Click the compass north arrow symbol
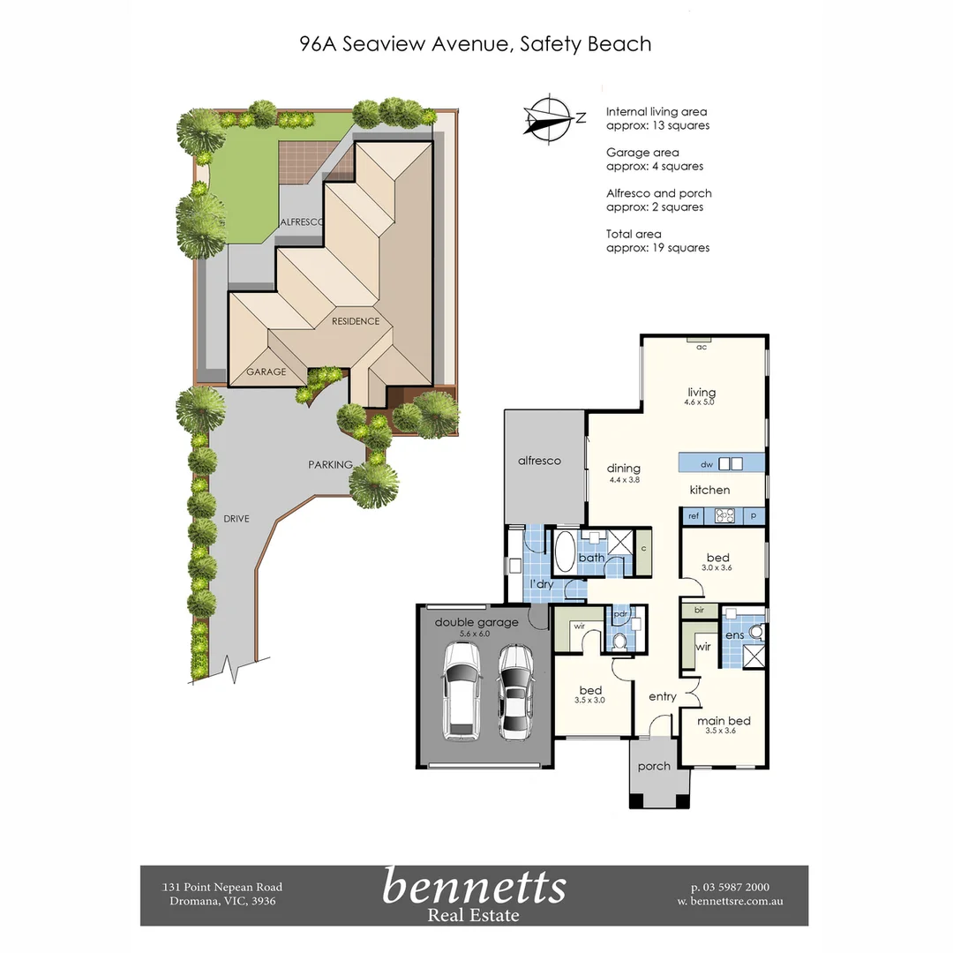(548, 116)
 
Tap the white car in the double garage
(462, 690)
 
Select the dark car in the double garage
(514, 692)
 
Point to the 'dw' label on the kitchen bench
(706, 464)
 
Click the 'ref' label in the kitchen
(694, 516)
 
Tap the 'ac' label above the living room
(702, 348)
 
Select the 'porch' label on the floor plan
(654, 766)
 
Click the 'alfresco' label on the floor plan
(539, 461)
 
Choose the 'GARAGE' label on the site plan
(266, 371)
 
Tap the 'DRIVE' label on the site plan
(236, 519)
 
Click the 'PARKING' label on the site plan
(330, 464)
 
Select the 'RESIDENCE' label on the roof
(356, 321)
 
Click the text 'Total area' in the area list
(634, 234)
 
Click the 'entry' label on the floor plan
(663, 696)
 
